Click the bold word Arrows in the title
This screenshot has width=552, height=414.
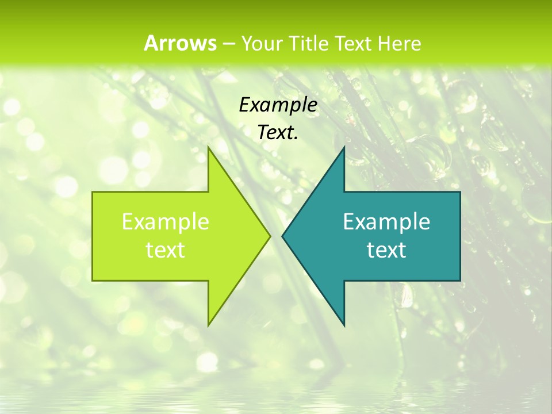[180, 43]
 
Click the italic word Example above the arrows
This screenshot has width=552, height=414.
[278, 105]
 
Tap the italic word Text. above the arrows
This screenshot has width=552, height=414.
[278, 133]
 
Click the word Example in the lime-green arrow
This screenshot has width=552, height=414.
[166, 222]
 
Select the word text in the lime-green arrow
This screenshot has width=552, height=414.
[166, 250]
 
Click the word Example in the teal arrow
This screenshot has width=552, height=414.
[386, 222]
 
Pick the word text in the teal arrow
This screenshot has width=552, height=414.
[386, 250]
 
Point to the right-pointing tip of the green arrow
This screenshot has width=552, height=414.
[270, 236]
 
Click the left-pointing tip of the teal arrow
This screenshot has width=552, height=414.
[282, 236]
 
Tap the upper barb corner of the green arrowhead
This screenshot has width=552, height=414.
[208, 147]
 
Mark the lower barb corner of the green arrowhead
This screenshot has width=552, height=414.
[208, 325]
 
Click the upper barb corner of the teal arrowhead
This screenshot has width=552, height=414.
[344, 147]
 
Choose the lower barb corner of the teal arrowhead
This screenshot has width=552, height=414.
[344, 325]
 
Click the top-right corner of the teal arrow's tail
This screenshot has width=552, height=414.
[460, 192]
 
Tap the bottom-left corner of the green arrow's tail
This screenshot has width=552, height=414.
[93, 281]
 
